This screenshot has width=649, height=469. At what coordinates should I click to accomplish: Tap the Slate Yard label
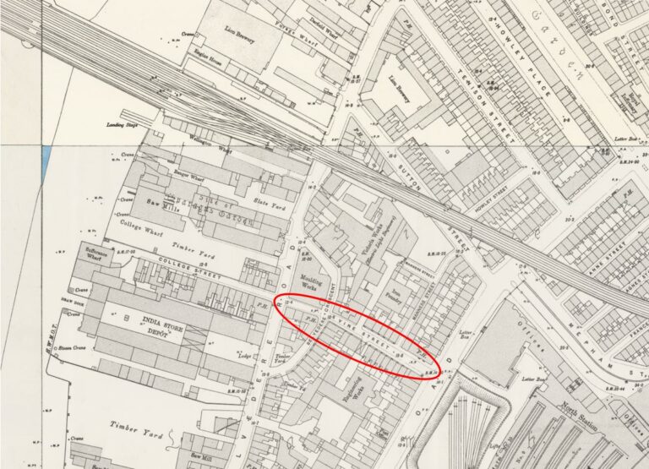point(269,200)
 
